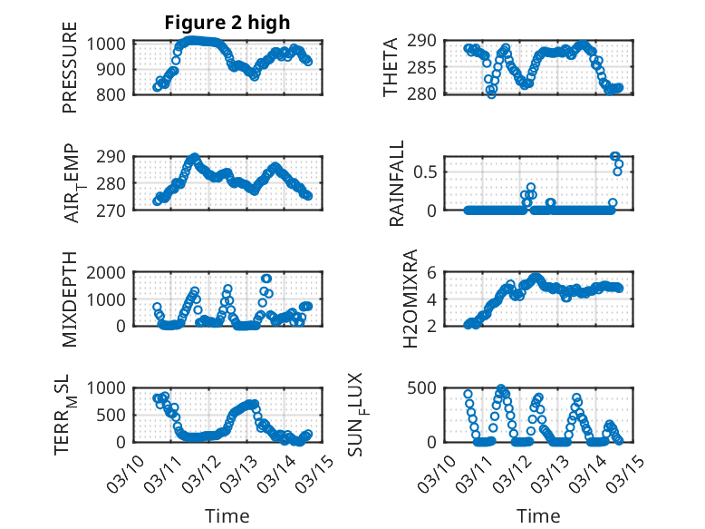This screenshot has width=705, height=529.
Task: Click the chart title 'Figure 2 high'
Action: click(227, 23)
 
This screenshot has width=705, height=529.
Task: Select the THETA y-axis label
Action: click(391, 68)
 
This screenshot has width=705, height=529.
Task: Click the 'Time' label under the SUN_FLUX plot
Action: click(538, 516)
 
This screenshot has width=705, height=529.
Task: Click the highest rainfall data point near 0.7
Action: click(615, 157)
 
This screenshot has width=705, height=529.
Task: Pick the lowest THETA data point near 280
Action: click(491, 93)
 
